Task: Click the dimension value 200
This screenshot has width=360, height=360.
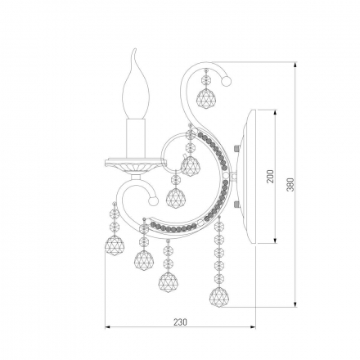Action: coord(270,176)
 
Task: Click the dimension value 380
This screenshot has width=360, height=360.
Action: coord(290,184)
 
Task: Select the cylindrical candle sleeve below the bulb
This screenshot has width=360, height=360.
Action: coord(136,138)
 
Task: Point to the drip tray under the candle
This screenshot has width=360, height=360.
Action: coord(136,165)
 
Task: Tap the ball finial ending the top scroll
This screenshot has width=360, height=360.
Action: coord(227,81)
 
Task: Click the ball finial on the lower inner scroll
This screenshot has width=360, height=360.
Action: coord(153,201)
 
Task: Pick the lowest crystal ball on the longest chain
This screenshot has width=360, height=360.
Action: coord(218,297)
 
